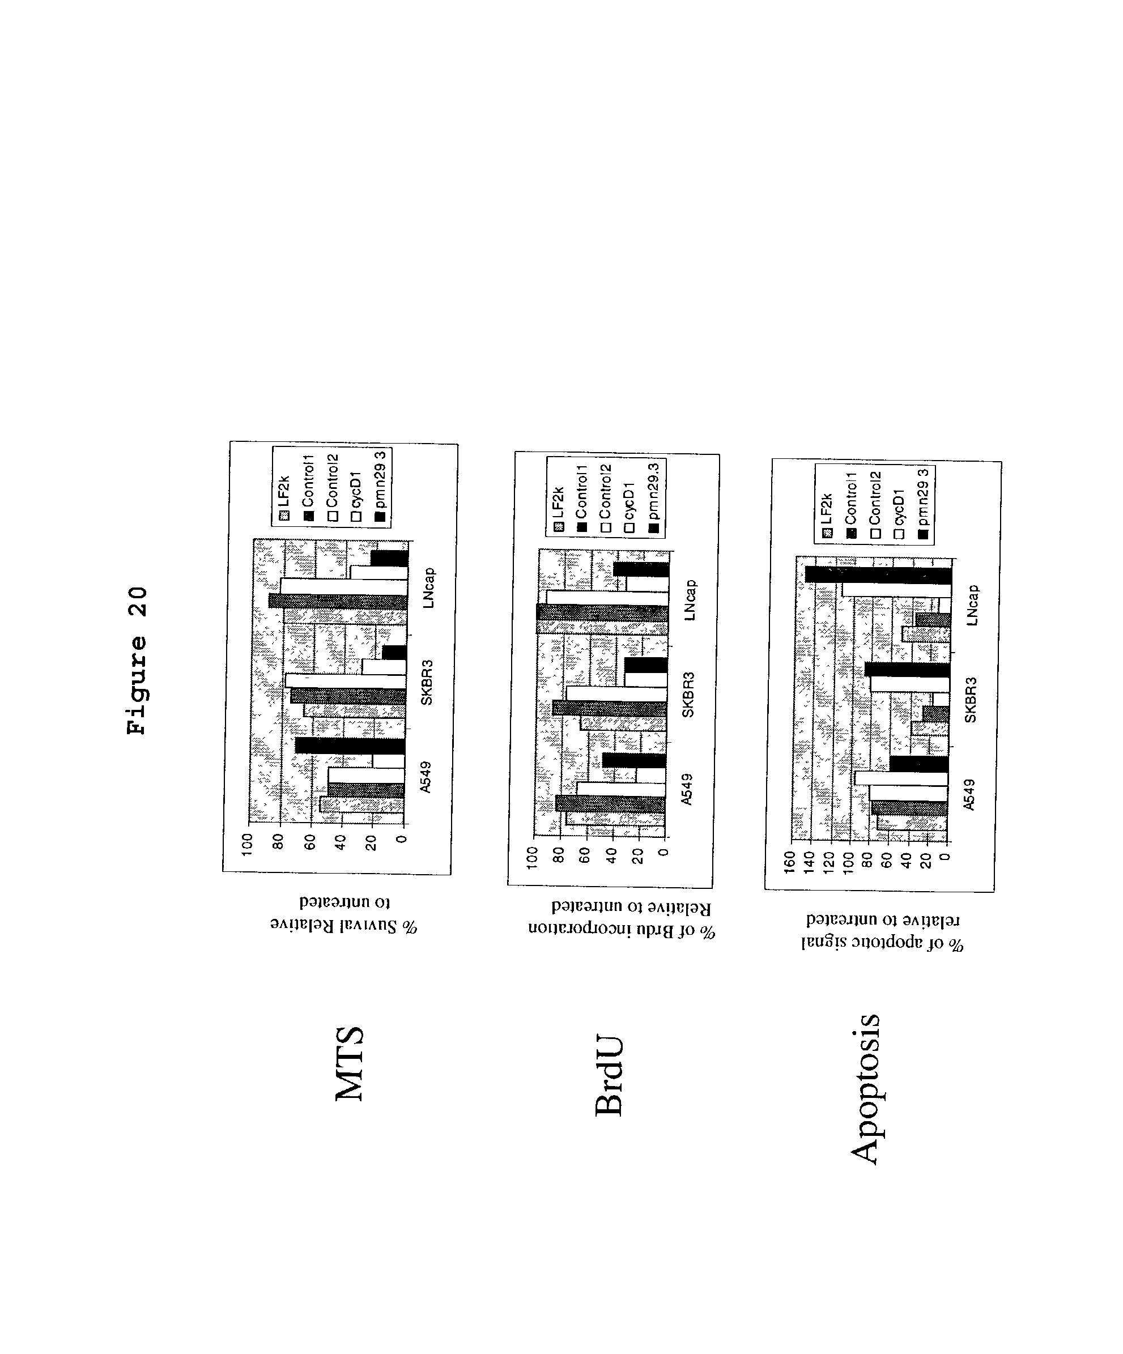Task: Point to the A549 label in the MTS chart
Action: [425, 777]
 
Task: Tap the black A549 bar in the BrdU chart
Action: [635, 761]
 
